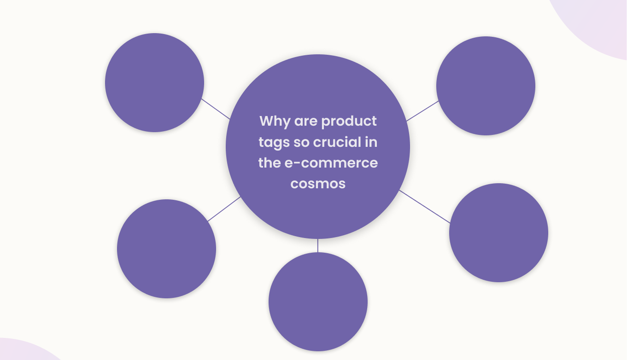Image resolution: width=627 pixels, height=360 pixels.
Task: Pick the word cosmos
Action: click(x=318, y=184)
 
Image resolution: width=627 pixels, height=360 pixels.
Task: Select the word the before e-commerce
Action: click(x=269, y=163)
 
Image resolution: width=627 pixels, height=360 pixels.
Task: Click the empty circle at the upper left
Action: click(x=154, y=83)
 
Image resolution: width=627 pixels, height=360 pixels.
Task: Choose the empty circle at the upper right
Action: click(x=486, y=86)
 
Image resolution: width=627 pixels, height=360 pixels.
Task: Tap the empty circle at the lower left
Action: click(x=166, y=249)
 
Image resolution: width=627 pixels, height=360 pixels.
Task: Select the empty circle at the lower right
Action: click(x=498, y=232)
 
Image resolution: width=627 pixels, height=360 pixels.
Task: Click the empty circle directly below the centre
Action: click(x=318, y=302)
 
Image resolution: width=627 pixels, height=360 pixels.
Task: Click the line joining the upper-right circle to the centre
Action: click(x=422, y=111)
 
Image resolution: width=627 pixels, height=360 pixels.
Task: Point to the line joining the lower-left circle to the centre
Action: click(x=224, y=209)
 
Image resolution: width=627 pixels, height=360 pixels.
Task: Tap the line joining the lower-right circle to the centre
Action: click(x=425, y=207)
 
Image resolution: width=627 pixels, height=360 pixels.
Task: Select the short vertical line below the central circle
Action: click(x=318, y=245)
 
